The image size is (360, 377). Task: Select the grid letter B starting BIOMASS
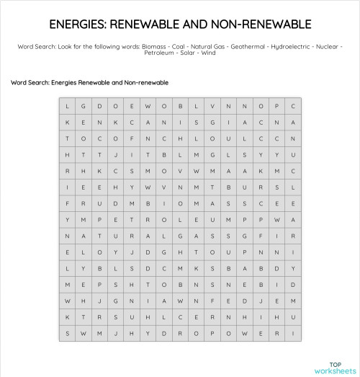(x=147, y=203)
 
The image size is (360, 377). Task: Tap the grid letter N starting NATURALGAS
(x=68, y=236)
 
